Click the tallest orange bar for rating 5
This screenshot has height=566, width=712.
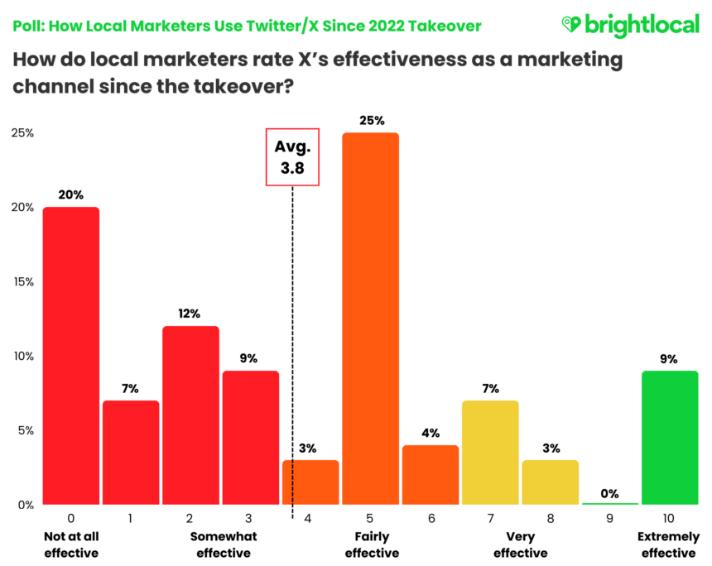(x=371, y=319)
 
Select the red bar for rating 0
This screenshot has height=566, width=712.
(x=71, y=356)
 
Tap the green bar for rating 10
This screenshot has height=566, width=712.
(x=670, y=438)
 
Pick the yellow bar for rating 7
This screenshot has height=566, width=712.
(x=490, y=453)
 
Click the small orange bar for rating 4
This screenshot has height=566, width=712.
(x=310, y=482)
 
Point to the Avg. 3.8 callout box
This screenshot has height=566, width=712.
(x=292, y=157)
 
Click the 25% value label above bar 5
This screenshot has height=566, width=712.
(x=372, y=121)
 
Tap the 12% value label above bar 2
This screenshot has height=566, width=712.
(x=190, y=314)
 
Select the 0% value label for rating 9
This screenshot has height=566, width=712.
(x=610, y=493)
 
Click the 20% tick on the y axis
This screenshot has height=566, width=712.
(x=22, y=207)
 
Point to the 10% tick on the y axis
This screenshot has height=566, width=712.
(x=22, y=356)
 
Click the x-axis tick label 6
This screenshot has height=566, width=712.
(x=431, y=519)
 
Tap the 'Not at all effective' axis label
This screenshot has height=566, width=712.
(x=71, y=544)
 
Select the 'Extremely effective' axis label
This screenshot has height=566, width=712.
(x=669, y=544)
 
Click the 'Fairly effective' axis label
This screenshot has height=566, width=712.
(x=372, y=544)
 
